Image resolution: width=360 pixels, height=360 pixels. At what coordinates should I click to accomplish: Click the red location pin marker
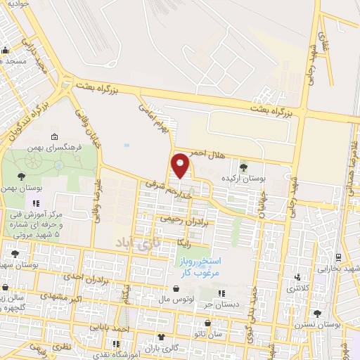coord(181,165)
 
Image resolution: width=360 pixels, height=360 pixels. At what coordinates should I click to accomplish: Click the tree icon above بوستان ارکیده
coord(243,167)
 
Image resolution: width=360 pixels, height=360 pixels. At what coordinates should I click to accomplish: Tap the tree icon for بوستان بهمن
coord(22,176)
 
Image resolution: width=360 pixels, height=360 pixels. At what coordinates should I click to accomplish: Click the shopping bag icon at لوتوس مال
coord(176,289)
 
